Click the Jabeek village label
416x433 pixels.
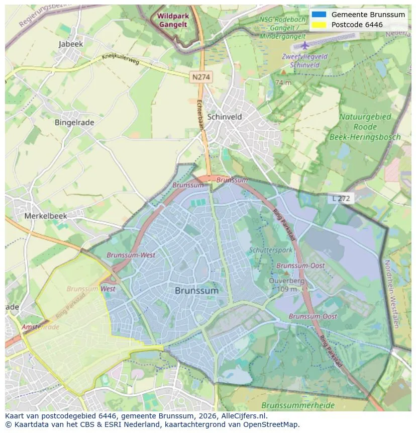coord(71,44)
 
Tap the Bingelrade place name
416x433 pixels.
coord(74,122)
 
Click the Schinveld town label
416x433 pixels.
coord(225,117)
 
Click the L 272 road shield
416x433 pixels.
coord(342,199)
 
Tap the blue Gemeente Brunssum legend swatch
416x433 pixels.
coord(319,15)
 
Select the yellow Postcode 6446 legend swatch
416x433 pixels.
coord(319,25)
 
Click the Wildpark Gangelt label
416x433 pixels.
coord(172,20)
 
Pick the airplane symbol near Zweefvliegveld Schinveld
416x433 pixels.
coord(305,45)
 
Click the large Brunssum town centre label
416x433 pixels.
coord(197,291)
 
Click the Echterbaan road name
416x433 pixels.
coord(198,115)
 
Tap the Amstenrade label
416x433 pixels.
coord(40,327)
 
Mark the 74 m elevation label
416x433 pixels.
coord(283,82)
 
